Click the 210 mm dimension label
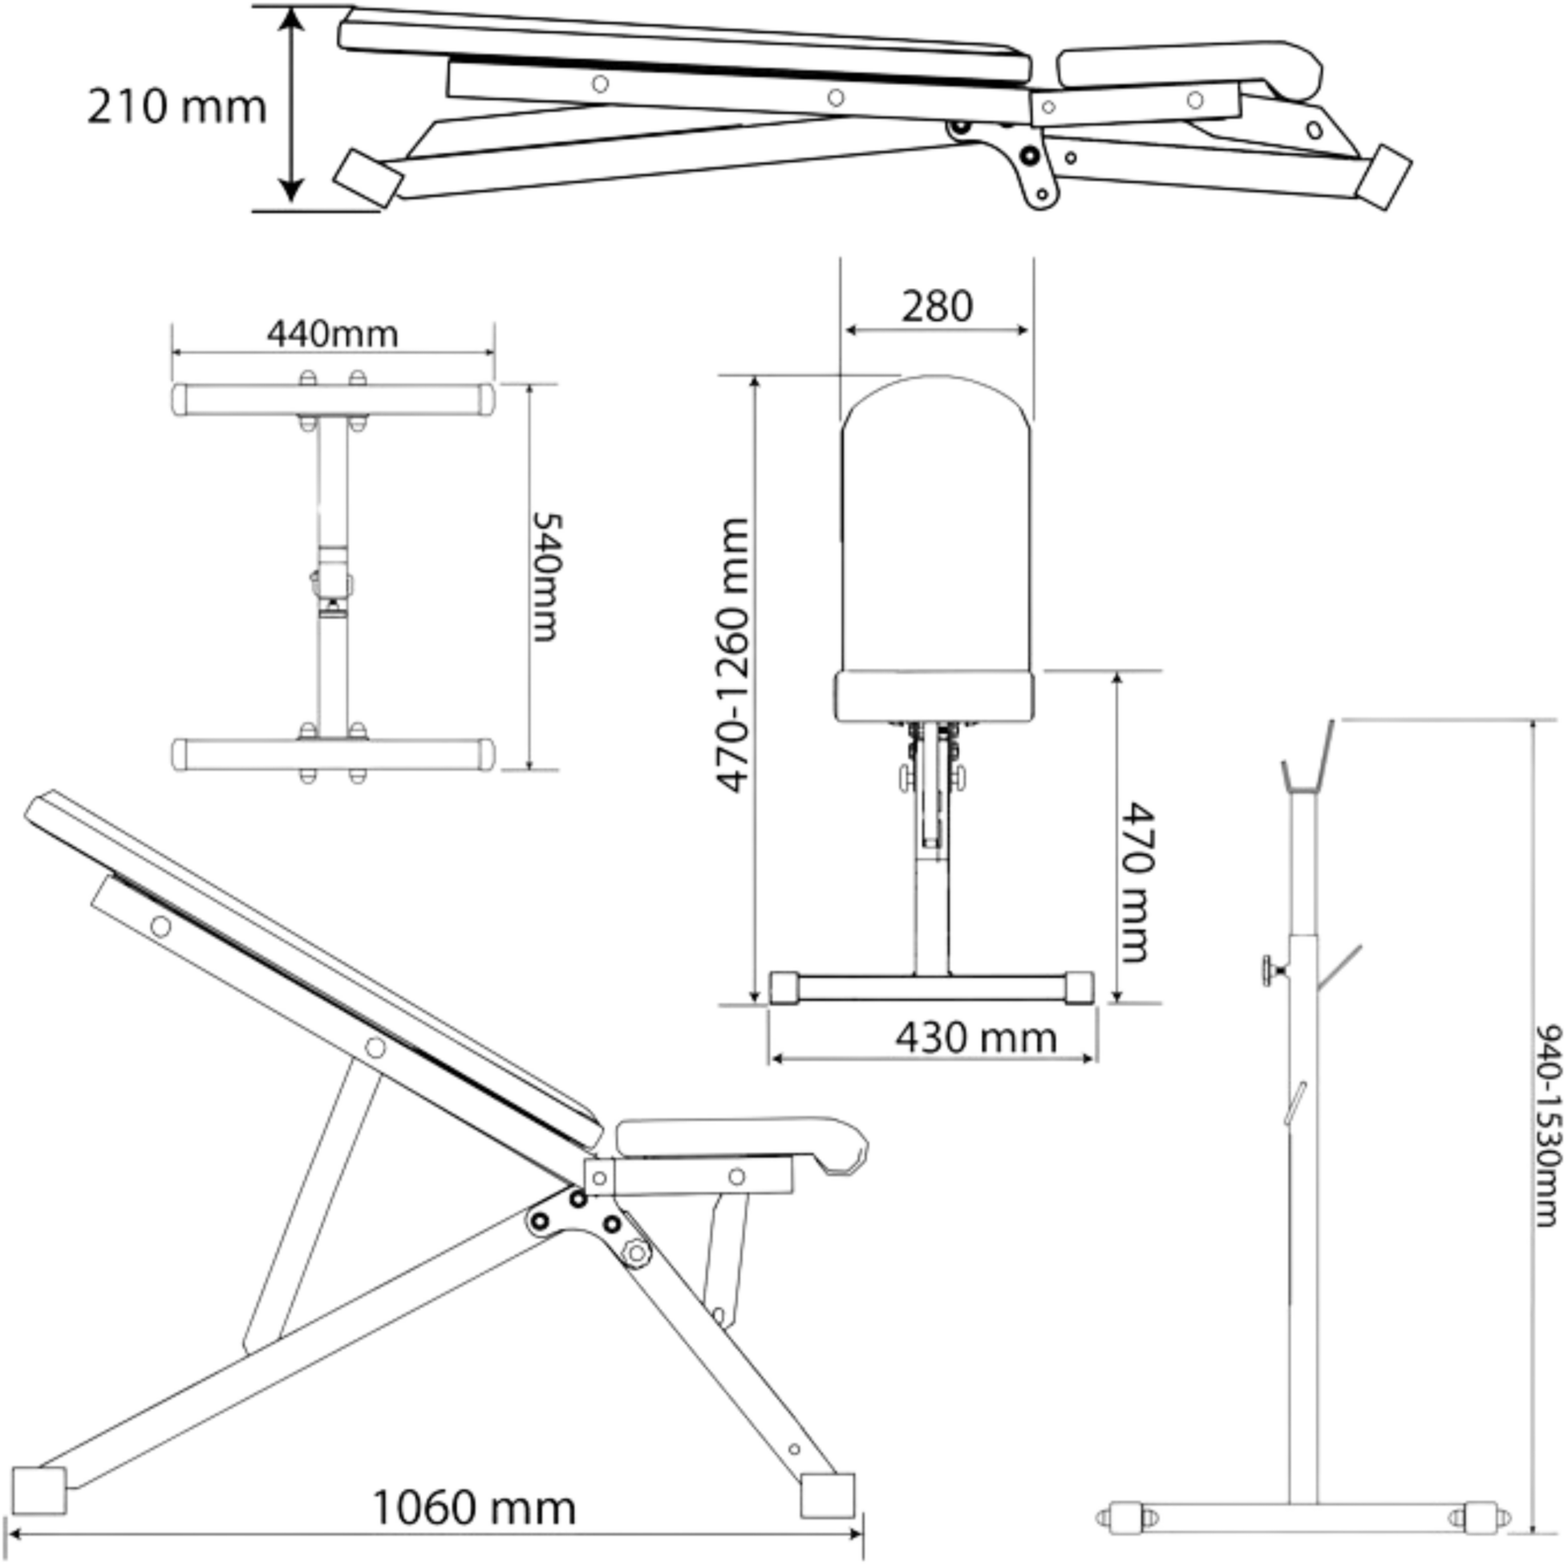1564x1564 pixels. click(176, 107)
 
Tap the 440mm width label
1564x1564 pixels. click(333, 334)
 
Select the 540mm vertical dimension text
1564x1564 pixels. click(545, 577)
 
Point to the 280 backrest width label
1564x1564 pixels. click(937, 306)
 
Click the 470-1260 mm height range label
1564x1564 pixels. click(733, 655)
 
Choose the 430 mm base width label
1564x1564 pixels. click(975, 1037)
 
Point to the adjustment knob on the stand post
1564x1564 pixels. click(1274, 969)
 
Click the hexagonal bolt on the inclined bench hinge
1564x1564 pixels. click(636, 1252)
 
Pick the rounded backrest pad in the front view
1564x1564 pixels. click(936, 525)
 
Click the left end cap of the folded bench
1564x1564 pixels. click(368, 176)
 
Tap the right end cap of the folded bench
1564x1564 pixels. click(1384, 177)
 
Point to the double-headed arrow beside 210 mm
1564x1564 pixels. click(290, 106)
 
